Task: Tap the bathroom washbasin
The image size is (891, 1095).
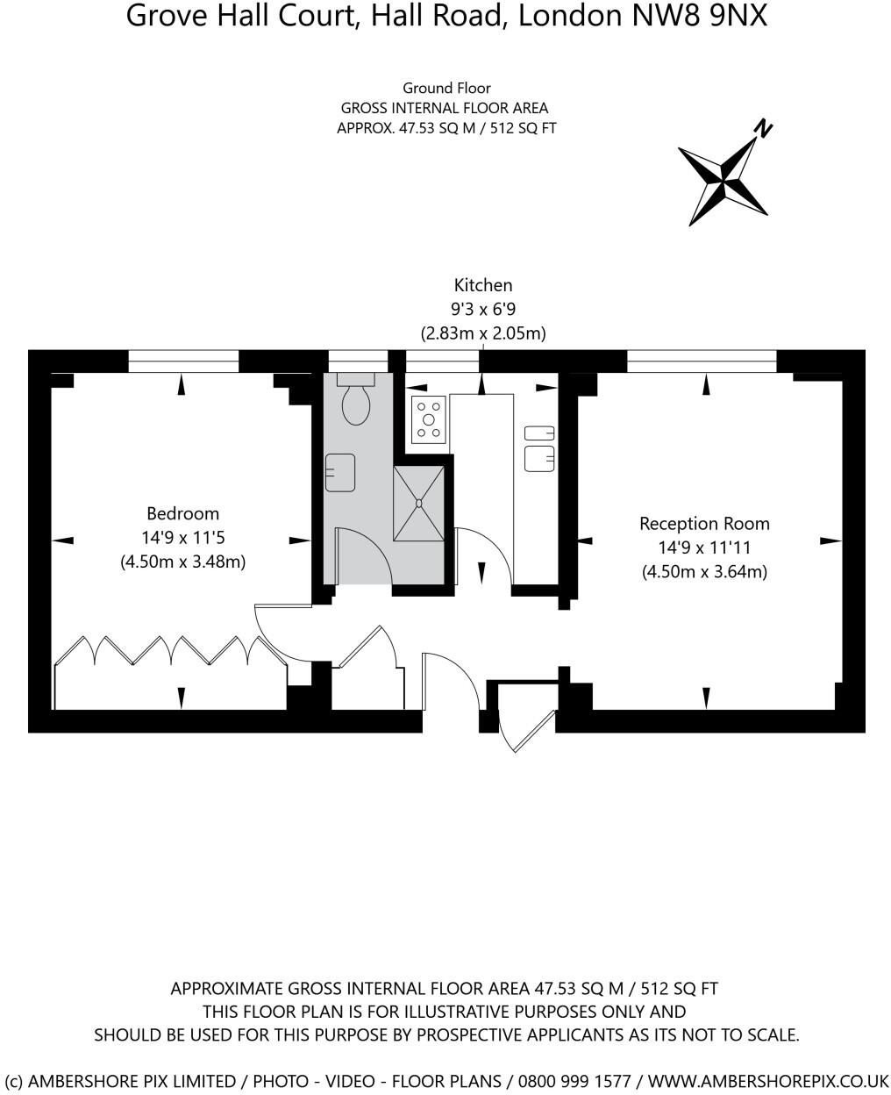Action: [339, 472]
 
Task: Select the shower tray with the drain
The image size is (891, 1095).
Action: [418, 503]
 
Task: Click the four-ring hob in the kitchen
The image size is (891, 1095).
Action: [429, 419]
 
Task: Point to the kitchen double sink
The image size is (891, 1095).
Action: [539, 447]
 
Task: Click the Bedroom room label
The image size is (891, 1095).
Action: [182, 513]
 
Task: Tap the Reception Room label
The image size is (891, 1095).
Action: [704, 524]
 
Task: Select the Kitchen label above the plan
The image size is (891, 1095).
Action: [482, 285]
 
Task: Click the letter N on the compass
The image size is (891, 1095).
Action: [763, 129]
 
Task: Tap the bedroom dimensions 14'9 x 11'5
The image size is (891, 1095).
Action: [182, 537]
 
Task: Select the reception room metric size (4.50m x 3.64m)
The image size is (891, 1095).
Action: [704, 572]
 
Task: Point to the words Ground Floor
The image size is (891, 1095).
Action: [446, 88]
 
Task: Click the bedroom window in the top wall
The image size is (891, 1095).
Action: [183, 361]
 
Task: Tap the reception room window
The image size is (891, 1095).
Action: [702, 361]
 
